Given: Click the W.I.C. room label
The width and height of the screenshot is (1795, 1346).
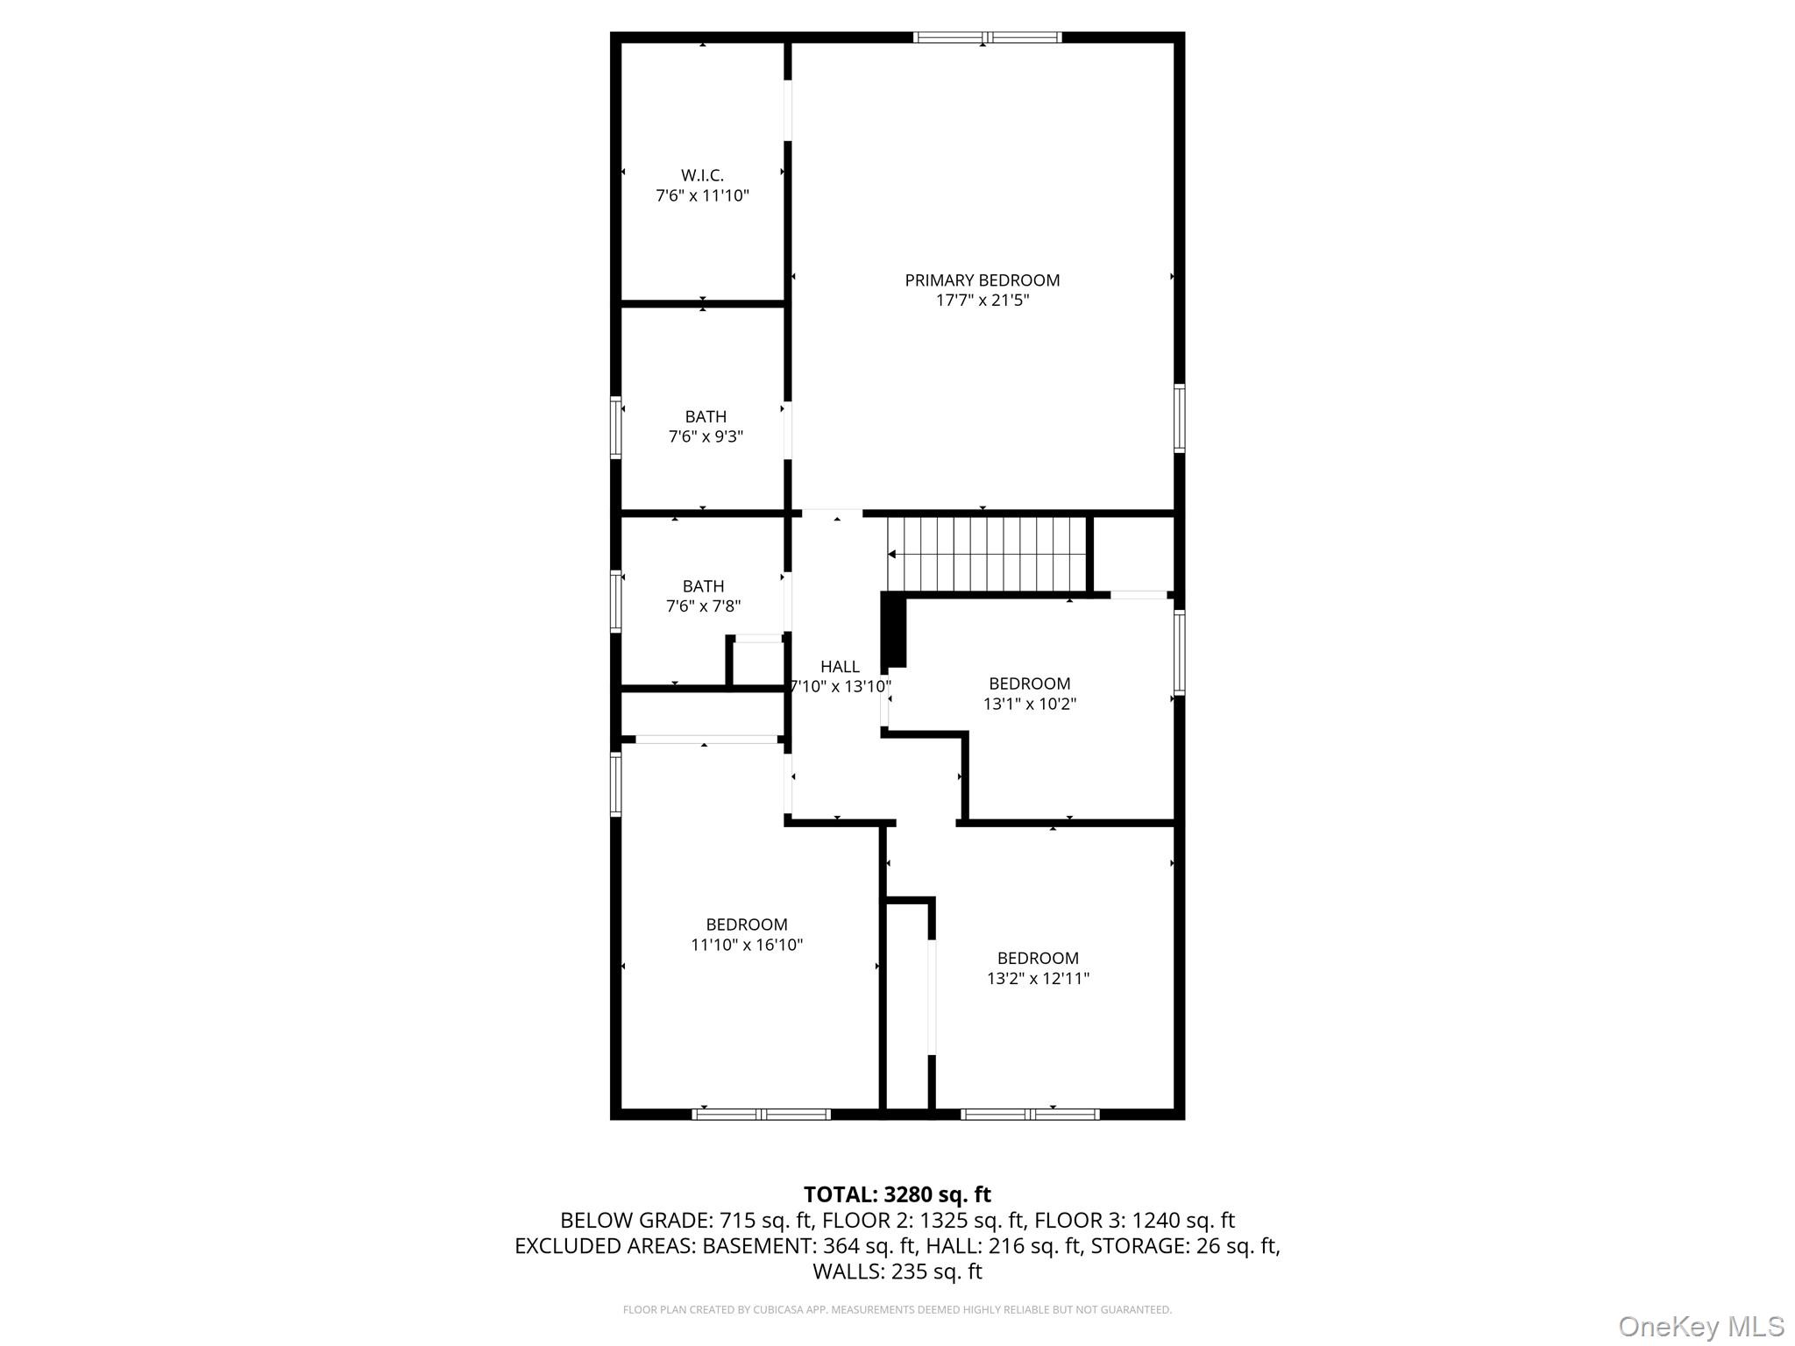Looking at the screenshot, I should click(x=702, y=175).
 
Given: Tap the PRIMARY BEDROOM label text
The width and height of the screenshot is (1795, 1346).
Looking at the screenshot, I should click(x=982, y=280).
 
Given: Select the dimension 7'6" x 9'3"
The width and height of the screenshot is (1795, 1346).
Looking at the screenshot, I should click(x=706, y=436).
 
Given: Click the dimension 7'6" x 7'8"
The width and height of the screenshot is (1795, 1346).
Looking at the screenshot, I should click(x=703, y=606).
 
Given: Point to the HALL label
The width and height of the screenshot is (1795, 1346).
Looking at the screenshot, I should click(x=840, y=667).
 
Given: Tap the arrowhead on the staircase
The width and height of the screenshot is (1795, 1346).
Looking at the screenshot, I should click(x=891, y=554).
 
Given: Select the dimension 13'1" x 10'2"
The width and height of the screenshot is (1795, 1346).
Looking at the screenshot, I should click(x=1029, y=704).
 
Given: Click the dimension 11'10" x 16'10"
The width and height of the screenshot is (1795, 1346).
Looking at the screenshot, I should click(x=747, y=945).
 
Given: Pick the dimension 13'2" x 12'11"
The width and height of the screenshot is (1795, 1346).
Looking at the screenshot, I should click(x=1038, y=978).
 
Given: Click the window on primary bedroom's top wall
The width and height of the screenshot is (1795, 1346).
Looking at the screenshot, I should click(x=987, y=37).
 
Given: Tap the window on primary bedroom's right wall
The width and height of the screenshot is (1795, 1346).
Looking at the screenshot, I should click(x=1179, y=418).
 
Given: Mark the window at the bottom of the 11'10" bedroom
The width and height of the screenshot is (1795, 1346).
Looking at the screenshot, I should click(x=761, y=1114).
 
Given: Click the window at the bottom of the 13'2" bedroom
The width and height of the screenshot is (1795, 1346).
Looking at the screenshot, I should click(x=1030, y=1114).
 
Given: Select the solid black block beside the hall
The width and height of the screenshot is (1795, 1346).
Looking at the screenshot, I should click(x=893, y=628).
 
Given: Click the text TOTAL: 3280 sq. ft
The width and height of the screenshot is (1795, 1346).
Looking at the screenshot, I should click(x=897, y=1194).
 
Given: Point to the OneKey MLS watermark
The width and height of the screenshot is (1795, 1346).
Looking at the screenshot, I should click(x=1700, y=1326).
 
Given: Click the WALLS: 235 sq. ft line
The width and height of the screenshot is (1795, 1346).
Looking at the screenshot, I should click(x=897, y=1271).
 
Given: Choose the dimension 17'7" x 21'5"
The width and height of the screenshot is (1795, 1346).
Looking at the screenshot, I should click(x=982, y=301).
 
